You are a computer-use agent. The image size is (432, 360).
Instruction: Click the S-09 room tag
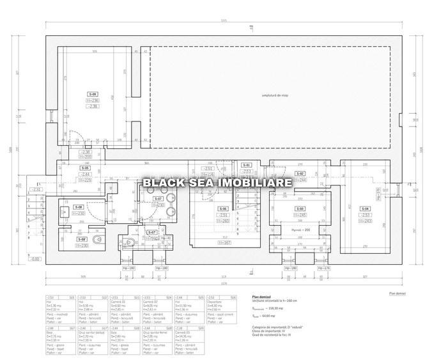click(x=93, y=94)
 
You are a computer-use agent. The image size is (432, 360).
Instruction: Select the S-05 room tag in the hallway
click(x=84, y=168)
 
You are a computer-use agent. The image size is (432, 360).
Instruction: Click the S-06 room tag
click(x=222, y=209)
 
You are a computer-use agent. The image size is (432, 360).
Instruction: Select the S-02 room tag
click(x=300, y=173)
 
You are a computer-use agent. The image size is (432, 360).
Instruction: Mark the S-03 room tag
click(x=300, y=209)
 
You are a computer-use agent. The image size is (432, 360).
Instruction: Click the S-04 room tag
click(x=365, y=209)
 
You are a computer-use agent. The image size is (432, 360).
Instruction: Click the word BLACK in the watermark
click(x=159, y=183)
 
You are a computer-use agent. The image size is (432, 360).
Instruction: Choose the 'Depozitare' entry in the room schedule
click(x=216, y=302)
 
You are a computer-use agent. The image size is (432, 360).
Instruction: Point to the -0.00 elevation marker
click(x=36, y=259)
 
